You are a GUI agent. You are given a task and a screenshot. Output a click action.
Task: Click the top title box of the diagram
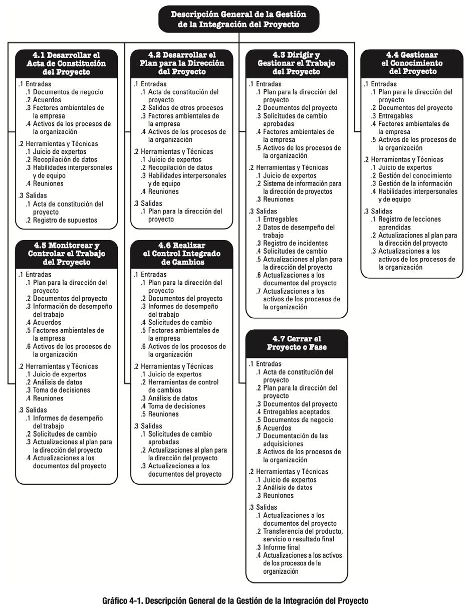tap(239, 19)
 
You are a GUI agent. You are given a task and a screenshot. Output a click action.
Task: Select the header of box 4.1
tap(67, 63)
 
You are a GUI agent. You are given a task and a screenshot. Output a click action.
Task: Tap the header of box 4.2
tap(182, 63)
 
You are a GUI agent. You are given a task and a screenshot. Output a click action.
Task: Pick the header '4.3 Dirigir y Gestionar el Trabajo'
tap(296, 63)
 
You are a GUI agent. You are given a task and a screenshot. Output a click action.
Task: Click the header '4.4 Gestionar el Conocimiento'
tap(412, 63)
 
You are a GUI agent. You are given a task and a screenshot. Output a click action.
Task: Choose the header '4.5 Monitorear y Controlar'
tap(67, 254)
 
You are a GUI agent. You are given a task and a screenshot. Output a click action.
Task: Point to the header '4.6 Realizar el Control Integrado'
tap(182, 254)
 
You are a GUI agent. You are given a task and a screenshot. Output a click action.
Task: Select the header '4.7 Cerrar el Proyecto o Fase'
tap(296, 343)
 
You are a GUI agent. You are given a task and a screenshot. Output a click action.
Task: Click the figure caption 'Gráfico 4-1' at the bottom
tap(235, 600)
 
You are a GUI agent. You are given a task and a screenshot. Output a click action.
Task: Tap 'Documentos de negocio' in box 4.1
tap(68, 92)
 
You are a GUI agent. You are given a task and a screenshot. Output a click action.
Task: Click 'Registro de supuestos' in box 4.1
tap(65, 220)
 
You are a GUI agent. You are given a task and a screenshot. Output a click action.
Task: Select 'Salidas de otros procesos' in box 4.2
tap(185, 108)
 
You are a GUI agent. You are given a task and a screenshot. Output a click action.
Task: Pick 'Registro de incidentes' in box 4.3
tap(295, 243)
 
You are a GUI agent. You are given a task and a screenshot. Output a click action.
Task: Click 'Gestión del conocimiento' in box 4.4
tap(415, 175)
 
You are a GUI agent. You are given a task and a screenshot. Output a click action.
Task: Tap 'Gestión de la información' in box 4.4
tap(415, 183)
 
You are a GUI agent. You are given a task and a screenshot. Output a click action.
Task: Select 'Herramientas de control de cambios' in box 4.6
tap(183, 386)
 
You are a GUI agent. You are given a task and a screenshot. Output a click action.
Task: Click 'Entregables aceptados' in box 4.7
tap(296, 412)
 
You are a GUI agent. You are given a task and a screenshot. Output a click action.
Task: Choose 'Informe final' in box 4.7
tap(281, 547)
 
